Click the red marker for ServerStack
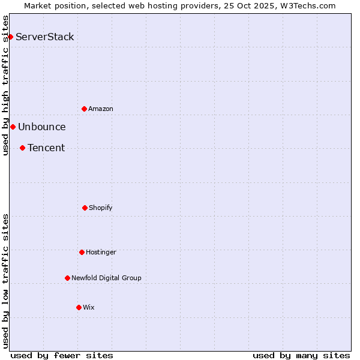(10, 37)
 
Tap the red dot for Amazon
(84, 109)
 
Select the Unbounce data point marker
(13, 127)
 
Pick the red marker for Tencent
(22, 148)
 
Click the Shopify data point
(85, 208)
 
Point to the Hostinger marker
(82, 252)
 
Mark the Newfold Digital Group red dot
(67, 278)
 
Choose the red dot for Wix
(79, 307)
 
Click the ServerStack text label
(45, 37)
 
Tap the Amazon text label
(101, 109)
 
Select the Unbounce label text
(42, 127)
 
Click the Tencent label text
(46, 148)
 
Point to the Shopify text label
(101, 208)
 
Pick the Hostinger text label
(101, 252)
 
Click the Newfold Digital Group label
(106, 278)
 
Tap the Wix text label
(89, 307)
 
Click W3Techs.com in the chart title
(306, 5)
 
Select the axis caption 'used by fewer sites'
(62, 355)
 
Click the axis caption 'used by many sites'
(301, 355)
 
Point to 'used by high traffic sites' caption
(5, 85)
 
